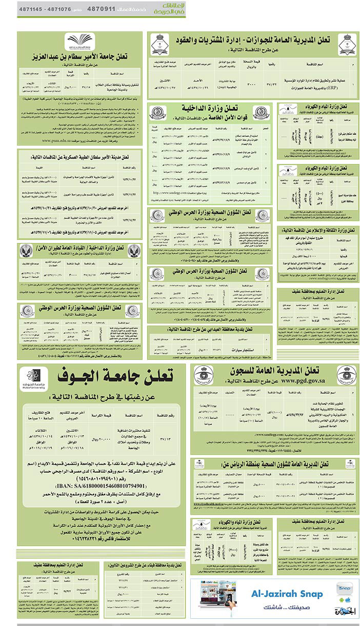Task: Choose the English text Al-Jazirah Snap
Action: click(x=287, y=594)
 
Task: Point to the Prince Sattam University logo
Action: click(x=78, y=43)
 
